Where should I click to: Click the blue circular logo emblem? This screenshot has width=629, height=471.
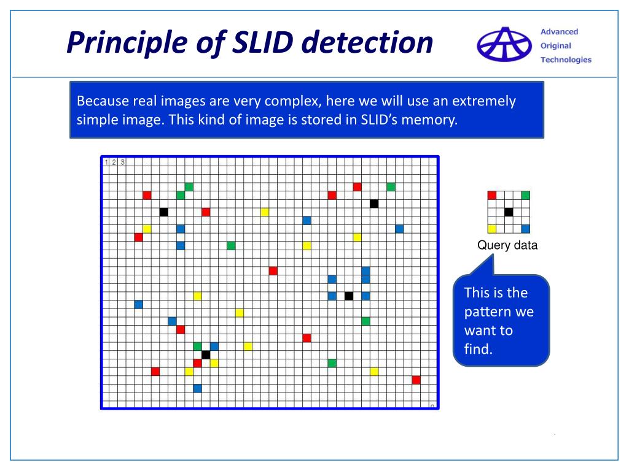pyautogui.click(x=504, y=45)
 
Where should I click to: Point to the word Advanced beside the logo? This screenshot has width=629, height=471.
pyautogui.click(x=559, y=32)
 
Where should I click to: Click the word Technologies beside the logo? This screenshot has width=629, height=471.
pyautogui.click(x=566, y=59)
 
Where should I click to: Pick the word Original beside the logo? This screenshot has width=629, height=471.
pyautogui.click(x=555, y=46)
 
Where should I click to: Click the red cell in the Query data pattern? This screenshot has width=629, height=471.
pyautogui.click(x=491, y=196)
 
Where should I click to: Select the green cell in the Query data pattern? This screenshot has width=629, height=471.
pyautogui.click(x=525, y=196)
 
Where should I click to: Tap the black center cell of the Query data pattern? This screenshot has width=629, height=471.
pyautogui.click(x=509, y=212)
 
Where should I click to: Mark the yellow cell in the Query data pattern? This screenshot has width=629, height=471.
pyautogui.click(x=491, y=229)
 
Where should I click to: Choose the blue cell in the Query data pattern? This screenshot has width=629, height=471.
pyautogui.click(x=525, y=229)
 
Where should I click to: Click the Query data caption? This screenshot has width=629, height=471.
pyautogui.click(x=507, y=246)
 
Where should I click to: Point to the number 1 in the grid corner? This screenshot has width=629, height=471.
pyautogui.click(x=106, y=162)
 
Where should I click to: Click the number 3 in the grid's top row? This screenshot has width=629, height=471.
pyautogui.click(x=123, y=162)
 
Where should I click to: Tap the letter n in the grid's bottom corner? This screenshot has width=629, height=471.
pyautogui.click(x=432, y=405)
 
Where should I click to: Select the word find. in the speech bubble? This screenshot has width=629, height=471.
pyautogui.click(x=479, y=350)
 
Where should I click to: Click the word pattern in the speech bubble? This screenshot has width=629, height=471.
pyautogui.click(x=489, y=312)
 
